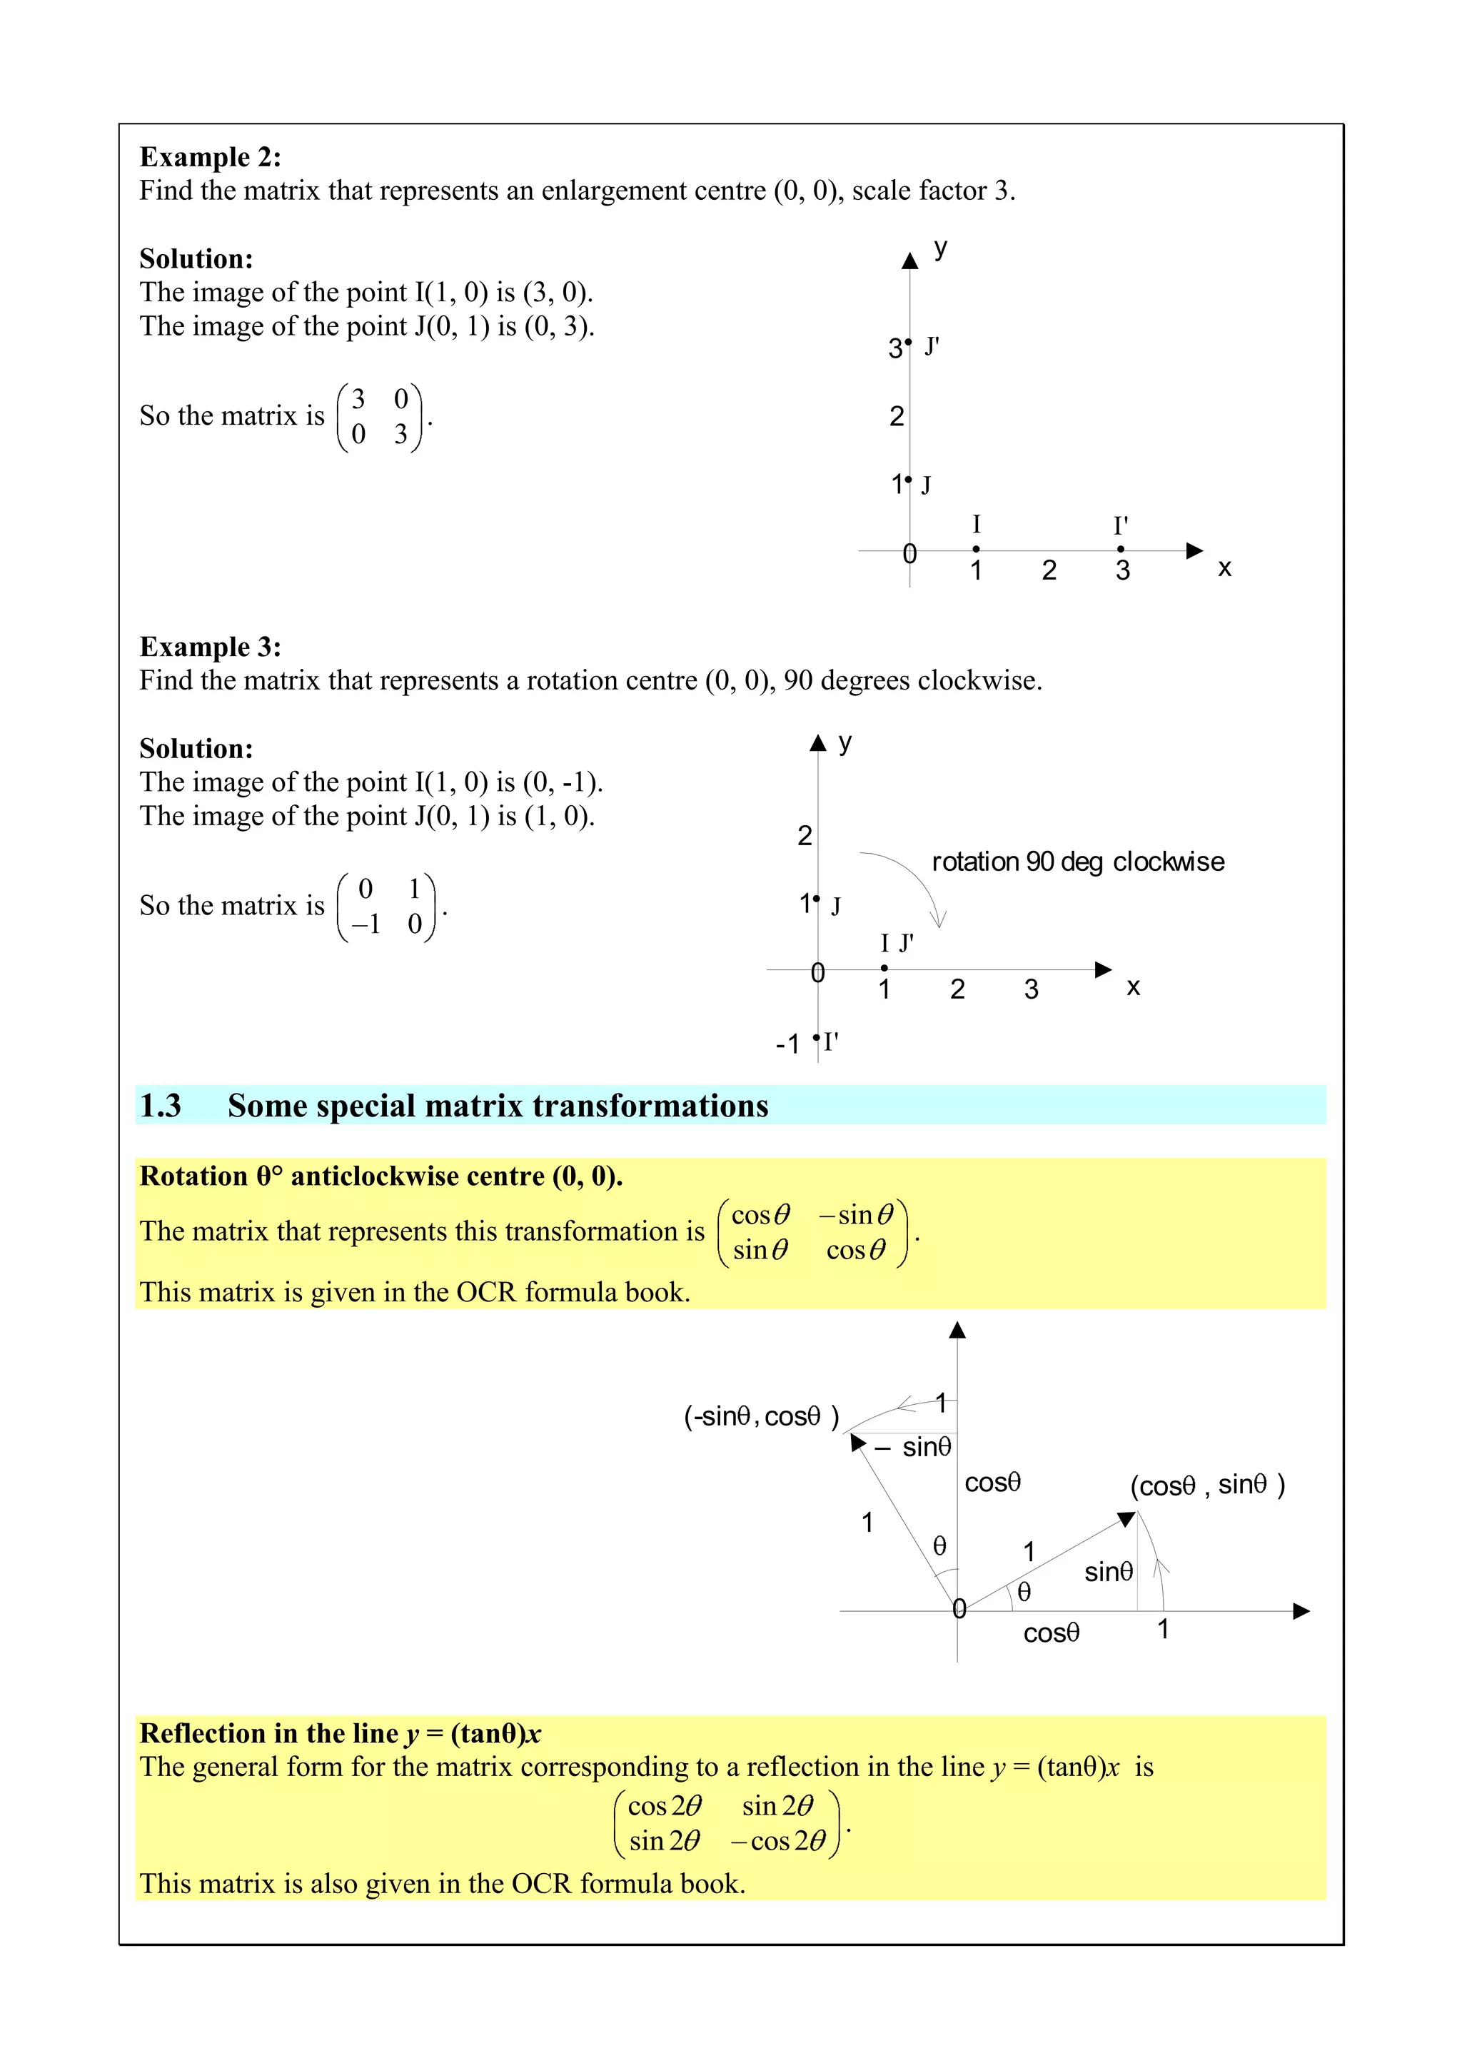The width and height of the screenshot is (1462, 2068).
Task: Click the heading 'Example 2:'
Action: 210,157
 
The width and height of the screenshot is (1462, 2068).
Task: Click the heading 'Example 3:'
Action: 210,647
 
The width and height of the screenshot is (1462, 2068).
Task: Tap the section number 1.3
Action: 161,1105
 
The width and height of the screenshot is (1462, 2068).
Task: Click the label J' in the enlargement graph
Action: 932,346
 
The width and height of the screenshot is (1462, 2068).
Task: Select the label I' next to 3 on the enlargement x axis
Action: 1121,525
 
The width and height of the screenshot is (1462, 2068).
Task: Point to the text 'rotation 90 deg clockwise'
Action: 1077,862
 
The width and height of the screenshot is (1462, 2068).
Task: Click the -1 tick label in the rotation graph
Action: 787,1044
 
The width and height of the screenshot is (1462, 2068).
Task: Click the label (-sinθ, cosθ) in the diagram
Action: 761,1417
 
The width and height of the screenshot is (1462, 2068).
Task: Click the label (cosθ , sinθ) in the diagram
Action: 1207,1486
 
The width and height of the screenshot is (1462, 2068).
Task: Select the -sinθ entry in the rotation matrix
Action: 856,1215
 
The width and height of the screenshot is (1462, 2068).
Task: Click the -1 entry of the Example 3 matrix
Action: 365,924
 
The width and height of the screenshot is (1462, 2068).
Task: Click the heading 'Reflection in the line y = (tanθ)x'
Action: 340,1733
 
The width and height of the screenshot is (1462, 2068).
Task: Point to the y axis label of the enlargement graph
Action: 940,248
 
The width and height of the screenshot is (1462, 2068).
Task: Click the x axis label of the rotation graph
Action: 1133,987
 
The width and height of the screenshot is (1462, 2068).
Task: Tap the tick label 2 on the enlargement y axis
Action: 897,416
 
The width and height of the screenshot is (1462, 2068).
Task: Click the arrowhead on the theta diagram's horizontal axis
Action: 1301,1611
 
